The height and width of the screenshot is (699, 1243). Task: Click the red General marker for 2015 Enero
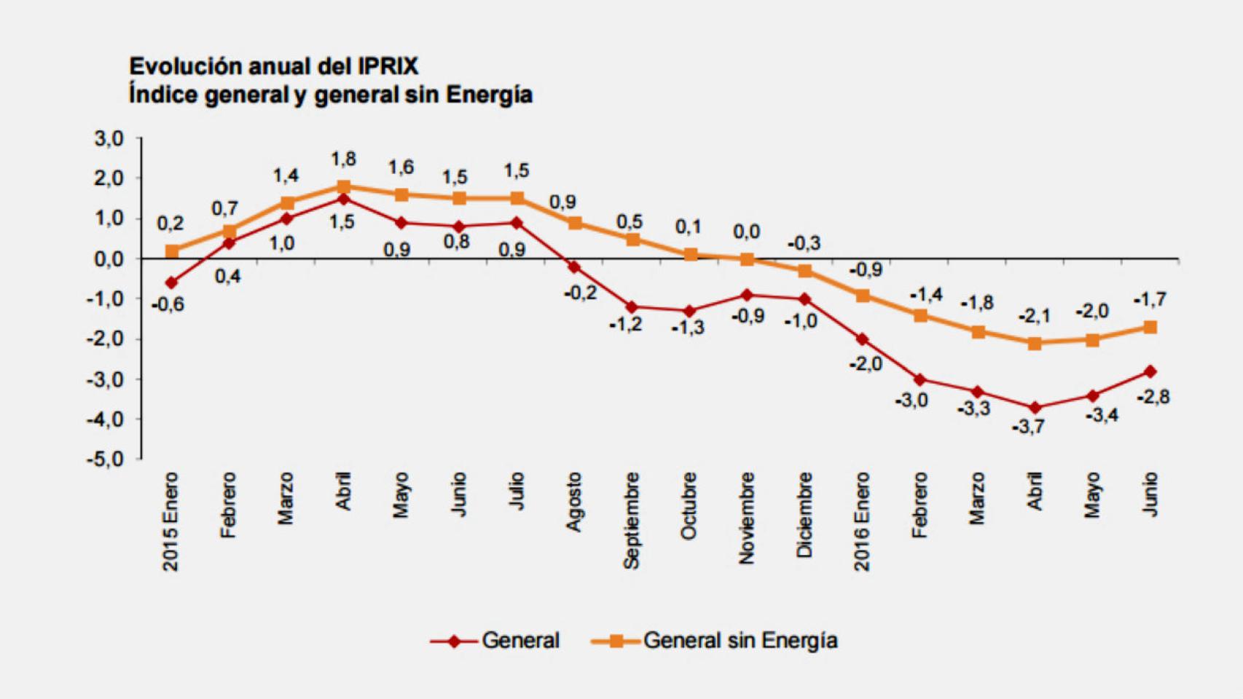point(171,283)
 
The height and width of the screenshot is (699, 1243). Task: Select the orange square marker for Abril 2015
point(344,187)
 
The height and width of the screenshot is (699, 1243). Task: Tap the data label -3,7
point(1028,427)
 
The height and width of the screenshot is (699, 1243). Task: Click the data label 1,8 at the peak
point(343,159)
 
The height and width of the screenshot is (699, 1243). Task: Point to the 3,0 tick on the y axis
point(109,138)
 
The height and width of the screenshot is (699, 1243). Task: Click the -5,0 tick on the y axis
point(106,459)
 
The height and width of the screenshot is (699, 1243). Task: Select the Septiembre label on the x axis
point(632,520)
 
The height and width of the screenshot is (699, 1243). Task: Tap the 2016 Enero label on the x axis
point(862,521)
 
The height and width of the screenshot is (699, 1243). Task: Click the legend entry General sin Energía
point(740,641)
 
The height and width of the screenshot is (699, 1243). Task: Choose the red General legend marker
point(454,641)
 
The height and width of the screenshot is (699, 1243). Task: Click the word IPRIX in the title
point(388,66)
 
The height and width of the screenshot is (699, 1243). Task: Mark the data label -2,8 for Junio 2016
point(1153,397)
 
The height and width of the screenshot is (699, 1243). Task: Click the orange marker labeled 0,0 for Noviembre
point(747,259)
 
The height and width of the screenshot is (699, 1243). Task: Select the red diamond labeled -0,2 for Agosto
point(574,267)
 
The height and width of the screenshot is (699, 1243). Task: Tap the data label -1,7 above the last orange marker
point(1150,299)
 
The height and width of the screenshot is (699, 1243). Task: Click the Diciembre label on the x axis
point(804,515)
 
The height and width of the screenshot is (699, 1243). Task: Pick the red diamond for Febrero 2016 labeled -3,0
point(919,379)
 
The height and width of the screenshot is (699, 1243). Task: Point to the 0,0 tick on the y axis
point(109,259)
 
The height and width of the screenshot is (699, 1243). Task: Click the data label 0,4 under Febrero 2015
point(227,277)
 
